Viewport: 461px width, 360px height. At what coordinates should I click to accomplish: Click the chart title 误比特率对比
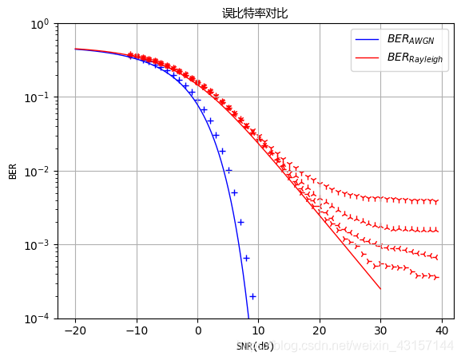click(x=255, y=13)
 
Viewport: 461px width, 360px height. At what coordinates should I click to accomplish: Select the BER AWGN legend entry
click(x=408, y=39)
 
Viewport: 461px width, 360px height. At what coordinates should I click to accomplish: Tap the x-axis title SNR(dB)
click(x=255, y=346)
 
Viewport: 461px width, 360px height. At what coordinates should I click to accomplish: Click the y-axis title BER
click(x=13, y=171)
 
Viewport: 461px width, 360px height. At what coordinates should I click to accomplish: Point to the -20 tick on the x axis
click(x=75, y=330)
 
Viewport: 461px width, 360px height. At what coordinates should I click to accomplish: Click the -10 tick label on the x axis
click(x=136, y=330)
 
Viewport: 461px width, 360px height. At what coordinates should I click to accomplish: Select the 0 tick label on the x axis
click(x=197, y=330)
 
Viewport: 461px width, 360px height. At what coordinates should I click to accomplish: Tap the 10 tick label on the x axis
click(x=258, y=330)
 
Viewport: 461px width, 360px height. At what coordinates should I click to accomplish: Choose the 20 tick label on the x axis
click(x=319, y=330)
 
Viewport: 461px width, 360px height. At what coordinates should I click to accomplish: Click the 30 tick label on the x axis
click(x=380, y=330)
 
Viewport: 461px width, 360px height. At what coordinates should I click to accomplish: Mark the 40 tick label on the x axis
click(x=441, y=330)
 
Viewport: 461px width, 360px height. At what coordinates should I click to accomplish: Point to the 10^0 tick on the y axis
click(x=38, y=24)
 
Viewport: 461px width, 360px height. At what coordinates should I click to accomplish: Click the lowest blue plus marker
click(x=252, y=296)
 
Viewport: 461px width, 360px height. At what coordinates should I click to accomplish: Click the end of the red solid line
click(x=380, y=289)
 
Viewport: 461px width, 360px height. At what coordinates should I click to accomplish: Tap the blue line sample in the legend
click(x=368, y=39)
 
